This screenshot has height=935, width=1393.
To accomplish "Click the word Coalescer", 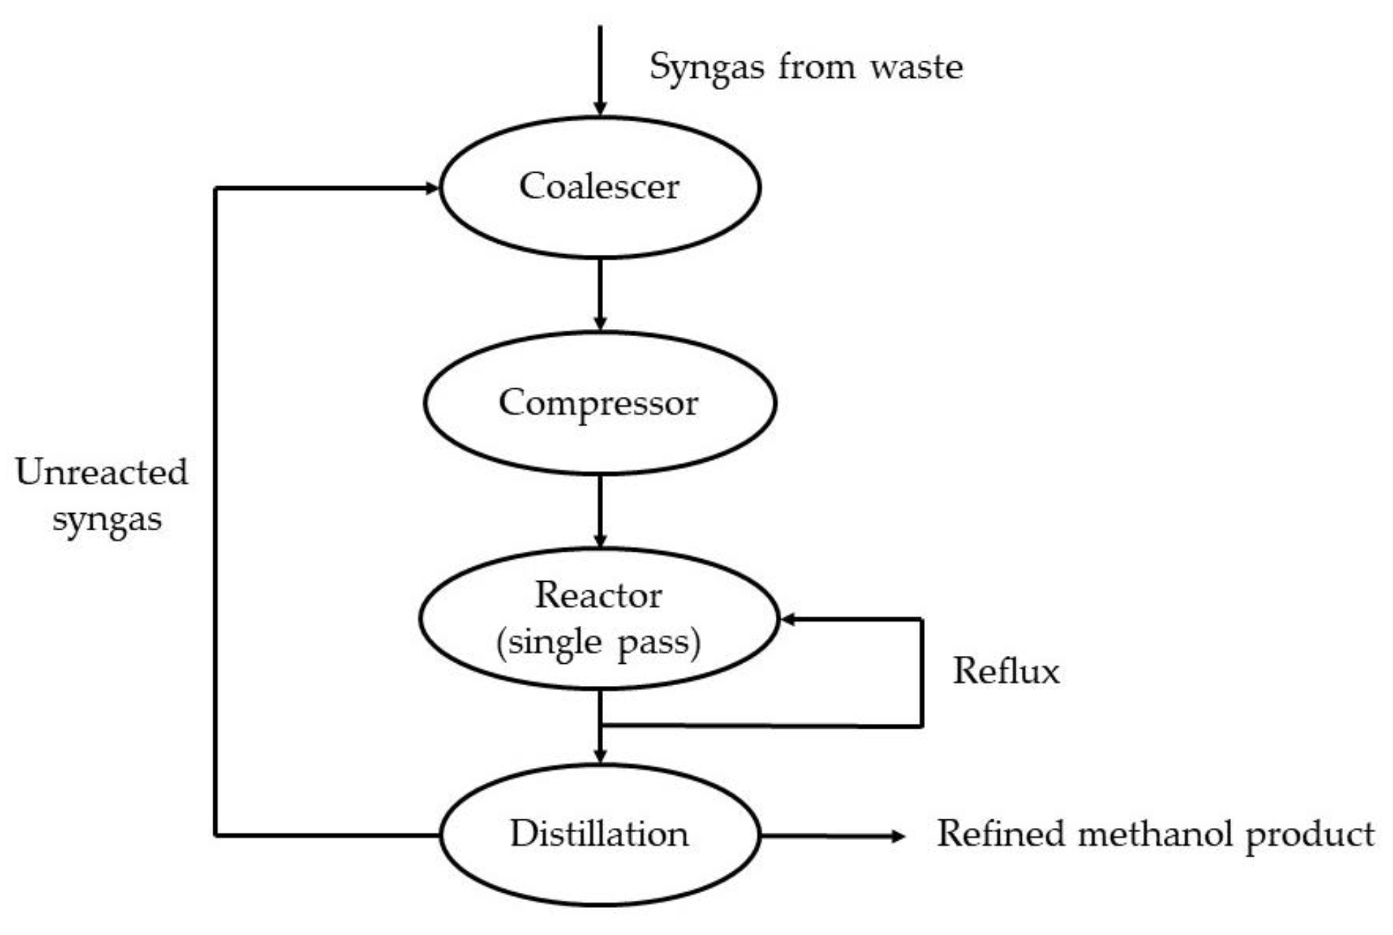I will coord(599,187).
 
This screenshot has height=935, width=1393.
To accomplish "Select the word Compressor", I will coord(598,403).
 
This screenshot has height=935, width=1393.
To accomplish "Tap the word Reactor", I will coord(598,595).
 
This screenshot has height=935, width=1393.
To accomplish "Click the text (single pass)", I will coord(598,642).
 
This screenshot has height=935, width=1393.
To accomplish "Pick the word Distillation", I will coord(599,834).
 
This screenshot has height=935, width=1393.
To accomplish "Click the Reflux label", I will coord(1006,671).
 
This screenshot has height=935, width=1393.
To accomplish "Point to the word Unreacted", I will coord(101,472).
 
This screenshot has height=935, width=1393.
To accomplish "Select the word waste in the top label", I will coord(916,67).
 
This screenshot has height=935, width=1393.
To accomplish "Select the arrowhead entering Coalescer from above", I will coord(600,108).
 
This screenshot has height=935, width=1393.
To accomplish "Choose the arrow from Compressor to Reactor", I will coord(600,510).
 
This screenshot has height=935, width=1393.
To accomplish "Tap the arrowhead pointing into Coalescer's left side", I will coord(432,188).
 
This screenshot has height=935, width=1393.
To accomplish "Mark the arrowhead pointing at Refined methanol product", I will coord(898,836).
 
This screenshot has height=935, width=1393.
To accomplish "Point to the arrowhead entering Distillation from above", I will coord(600,755).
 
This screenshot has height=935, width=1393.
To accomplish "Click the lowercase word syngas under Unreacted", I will coord(107,519).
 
